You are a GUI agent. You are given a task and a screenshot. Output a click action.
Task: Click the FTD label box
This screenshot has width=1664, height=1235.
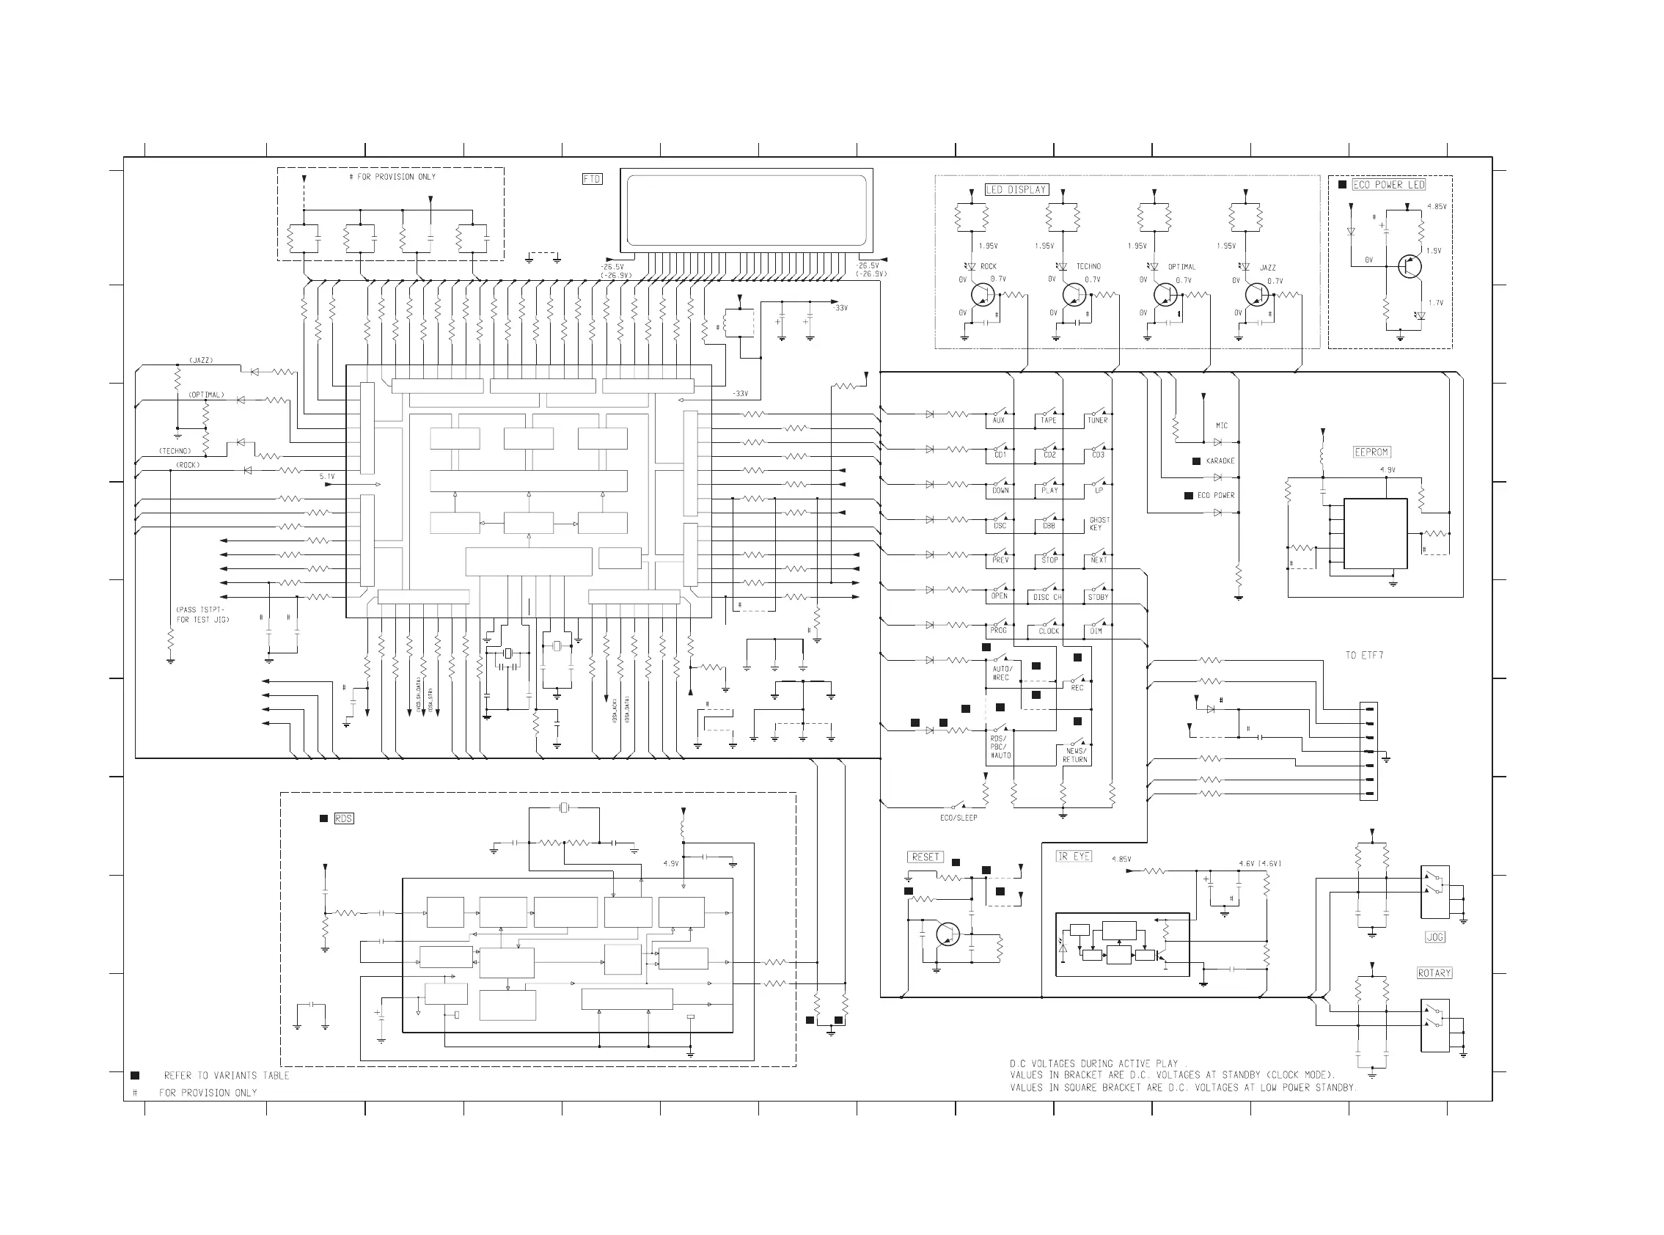click(592, 180)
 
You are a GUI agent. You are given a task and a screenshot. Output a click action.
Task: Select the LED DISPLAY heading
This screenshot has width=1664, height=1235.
click(1016, 190)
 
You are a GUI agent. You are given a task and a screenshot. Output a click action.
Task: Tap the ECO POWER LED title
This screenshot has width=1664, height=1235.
click(1389, 185)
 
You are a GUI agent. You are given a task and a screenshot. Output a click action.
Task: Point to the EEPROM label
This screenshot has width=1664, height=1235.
click(1371, 452)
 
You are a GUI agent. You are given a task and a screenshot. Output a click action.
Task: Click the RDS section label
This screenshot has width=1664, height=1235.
click(343, 818)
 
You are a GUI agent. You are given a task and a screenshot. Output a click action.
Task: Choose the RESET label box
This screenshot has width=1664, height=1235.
click(926, 857)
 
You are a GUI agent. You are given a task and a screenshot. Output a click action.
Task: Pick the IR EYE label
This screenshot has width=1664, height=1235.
click(1074, 857)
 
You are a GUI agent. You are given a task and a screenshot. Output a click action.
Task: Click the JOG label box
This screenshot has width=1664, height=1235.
click(1435, 937)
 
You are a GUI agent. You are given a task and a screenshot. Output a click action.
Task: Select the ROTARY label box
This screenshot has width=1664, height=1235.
click(1434, 973)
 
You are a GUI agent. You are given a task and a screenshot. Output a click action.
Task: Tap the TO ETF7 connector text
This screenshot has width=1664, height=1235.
click(1364, 656)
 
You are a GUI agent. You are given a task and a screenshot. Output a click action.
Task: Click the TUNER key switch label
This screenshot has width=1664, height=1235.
click(1097, 421)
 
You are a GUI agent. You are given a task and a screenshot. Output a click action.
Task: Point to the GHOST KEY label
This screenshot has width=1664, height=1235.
click(1099, 524)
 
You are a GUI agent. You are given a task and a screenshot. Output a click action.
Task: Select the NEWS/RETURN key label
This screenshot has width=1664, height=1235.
click(1075, 755)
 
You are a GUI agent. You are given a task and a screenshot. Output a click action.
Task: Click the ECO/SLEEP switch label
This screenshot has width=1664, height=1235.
click(959, 818)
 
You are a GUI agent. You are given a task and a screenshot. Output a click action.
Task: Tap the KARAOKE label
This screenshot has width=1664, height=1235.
click(1220, 461)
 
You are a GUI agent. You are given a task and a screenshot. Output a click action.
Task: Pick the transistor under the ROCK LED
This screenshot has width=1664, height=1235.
click(982, 295)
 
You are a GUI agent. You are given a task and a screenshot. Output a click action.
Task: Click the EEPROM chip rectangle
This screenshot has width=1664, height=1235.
click(1376, 534)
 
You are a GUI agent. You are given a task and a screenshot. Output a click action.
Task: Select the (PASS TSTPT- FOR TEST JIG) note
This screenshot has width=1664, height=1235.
click(202, 615)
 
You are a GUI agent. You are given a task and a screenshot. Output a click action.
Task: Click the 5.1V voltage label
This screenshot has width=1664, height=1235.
click(327, 476)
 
